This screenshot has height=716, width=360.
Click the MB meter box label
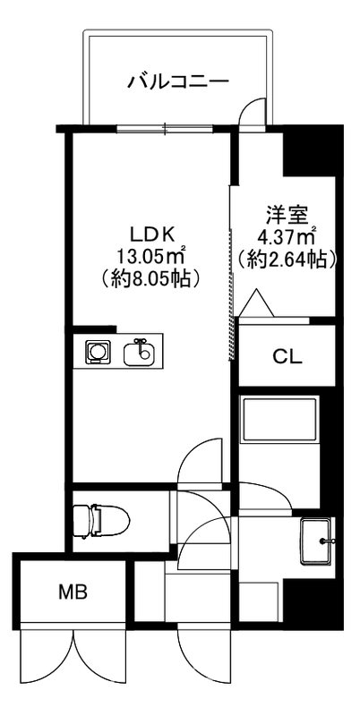tap(74, 592)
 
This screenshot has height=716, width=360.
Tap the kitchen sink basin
tap(140, 351)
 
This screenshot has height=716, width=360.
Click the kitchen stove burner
tap(97, 351)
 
